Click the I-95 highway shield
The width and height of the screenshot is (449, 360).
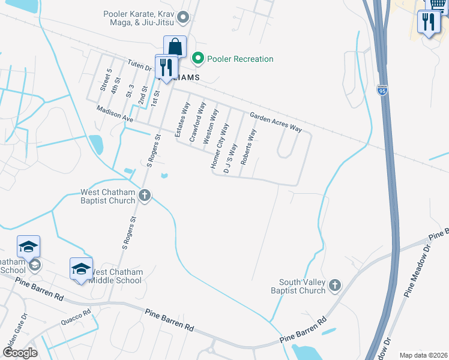[x=382, y=90]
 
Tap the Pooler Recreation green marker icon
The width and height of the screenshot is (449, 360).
[x=197, y=59]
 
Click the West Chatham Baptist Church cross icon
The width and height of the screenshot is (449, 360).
[x=145, y=196]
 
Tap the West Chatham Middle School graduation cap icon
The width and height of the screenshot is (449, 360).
[x=81, y=268]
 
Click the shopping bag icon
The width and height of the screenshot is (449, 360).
[x=175, y=46]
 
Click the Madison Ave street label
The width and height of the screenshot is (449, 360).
[x=115, y=114]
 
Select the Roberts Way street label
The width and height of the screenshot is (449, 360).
[x=247, y=146]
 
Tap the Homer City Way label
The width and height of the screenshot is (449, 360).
[x=220, y=146]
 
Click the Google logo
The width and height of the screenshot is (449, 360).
[x=19, y=353]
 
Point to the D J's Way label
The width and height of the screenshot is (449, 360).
[x=230, y=158]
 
